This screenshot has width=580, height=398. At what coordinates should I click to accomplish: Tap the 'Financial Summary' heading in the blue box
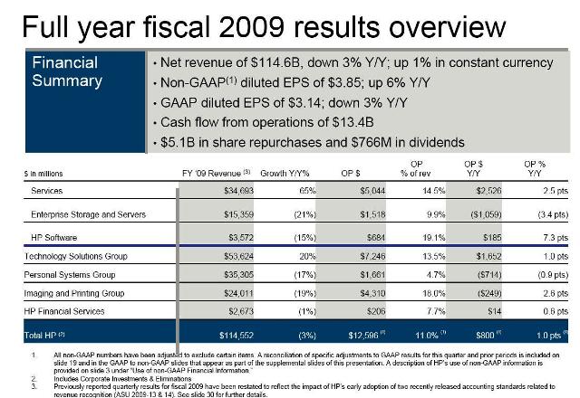68,71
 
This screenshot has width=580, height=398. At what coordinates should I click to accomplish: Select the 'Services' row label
46,191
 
